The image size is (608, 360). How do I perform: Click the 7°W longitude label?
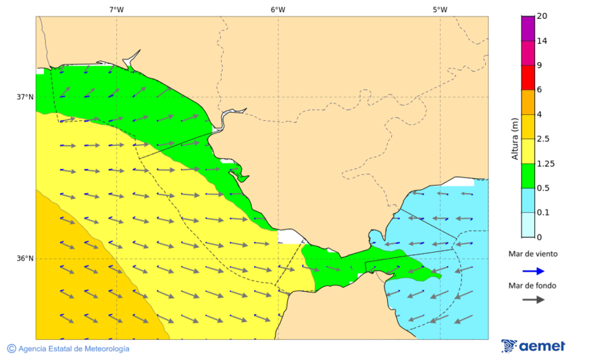(116, 9)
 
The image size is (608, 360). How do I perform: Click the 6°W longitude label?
(278, 9)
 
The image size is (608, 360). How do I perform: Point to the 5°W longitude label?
(440, 9)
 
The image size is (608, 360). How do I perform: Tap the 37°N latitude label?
(25, 97)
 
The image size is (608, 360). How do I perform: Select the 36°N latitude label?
(25, 258)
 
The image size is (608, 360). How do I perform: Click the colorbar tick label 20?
(542, 16)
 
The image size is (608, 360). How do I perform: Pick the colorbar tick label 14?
(542, 41)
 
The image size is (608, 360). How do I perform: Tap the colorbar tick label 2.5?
(543, 139)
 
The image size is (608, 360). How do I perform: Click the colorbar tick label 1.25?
(545, 163)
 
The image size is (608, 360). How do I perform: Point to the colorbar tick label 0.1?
(543, 213)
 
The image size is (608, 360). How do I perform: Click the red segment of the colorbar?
(528, 78)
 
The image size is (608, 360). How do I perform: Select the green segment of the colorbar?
(528, 176)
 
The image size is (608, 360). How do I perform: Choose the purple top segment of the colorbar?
(528, 28)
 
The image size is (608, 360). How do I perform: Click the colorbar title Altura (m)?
(515, 138)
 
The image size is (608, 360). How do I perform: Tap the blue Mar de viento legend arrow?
(533, 271)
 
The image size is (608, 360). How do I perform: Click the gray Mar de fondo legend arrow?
(533, 299)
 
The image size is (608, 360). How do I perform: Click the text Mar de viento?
(533, 254)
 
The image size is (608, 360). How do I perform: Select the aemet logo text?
(542, 346)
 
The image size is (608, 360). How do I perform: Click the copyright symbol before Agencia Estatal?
(11, 349)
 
